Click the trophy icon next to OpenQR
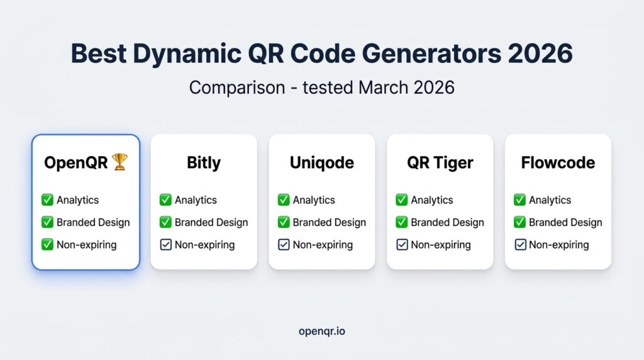coord(119,162)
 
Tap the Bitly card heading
coord(204,162)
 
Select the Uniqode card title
coord(321,162)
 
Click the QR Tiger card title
coord(440,162)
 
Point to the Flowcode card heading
coord(558,162)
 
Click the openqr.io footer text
coord(321,330)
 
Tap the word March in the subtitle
coord(384,87)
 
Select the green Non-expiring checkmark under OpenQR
coord(47,245)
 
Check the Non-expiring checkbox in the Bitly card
coord(165,245)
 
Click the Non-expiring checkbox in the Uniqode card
coord(284,245)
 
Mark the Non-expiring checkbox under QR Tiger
coord(402,245)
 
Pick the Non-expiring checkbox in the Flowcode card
coord(519,245)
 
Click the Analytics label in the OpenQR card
coord(78,200)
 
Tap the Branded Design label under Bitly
coord(211,222)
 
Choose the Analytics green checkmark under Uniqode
coord(284,200)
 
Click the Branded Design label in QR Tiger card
coord(447,222)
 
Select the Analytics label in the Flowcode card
coord(550,200)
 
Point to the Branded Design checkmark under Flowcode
coord(519,222)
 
